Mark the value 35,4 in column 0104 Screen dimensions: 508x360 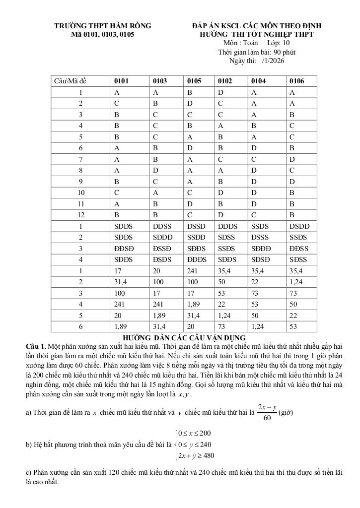coord(258,271)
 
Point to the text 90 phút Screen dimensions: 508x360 coord(285,52)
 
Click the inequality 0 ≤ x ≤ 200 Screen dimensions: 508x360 coord(194,433)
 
